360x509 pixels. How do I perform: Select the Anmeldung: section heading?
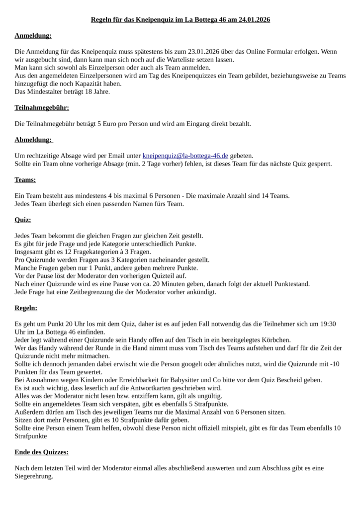33,36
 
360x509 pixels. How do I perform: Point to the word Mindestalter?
48,91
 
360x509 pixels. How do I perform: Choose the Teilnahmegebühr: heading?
42,107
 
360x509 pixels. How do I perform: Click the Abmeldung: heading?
33,140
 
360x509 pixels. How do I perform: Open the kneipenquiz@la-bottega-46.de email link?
185,156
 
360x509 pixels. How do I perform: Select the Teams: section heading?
25,179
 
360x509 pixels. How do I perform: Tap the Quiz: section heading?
23,219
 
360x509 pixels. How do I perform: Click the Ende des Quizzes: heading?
42,452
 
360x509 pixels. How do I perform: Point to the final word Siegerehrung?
34,476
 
